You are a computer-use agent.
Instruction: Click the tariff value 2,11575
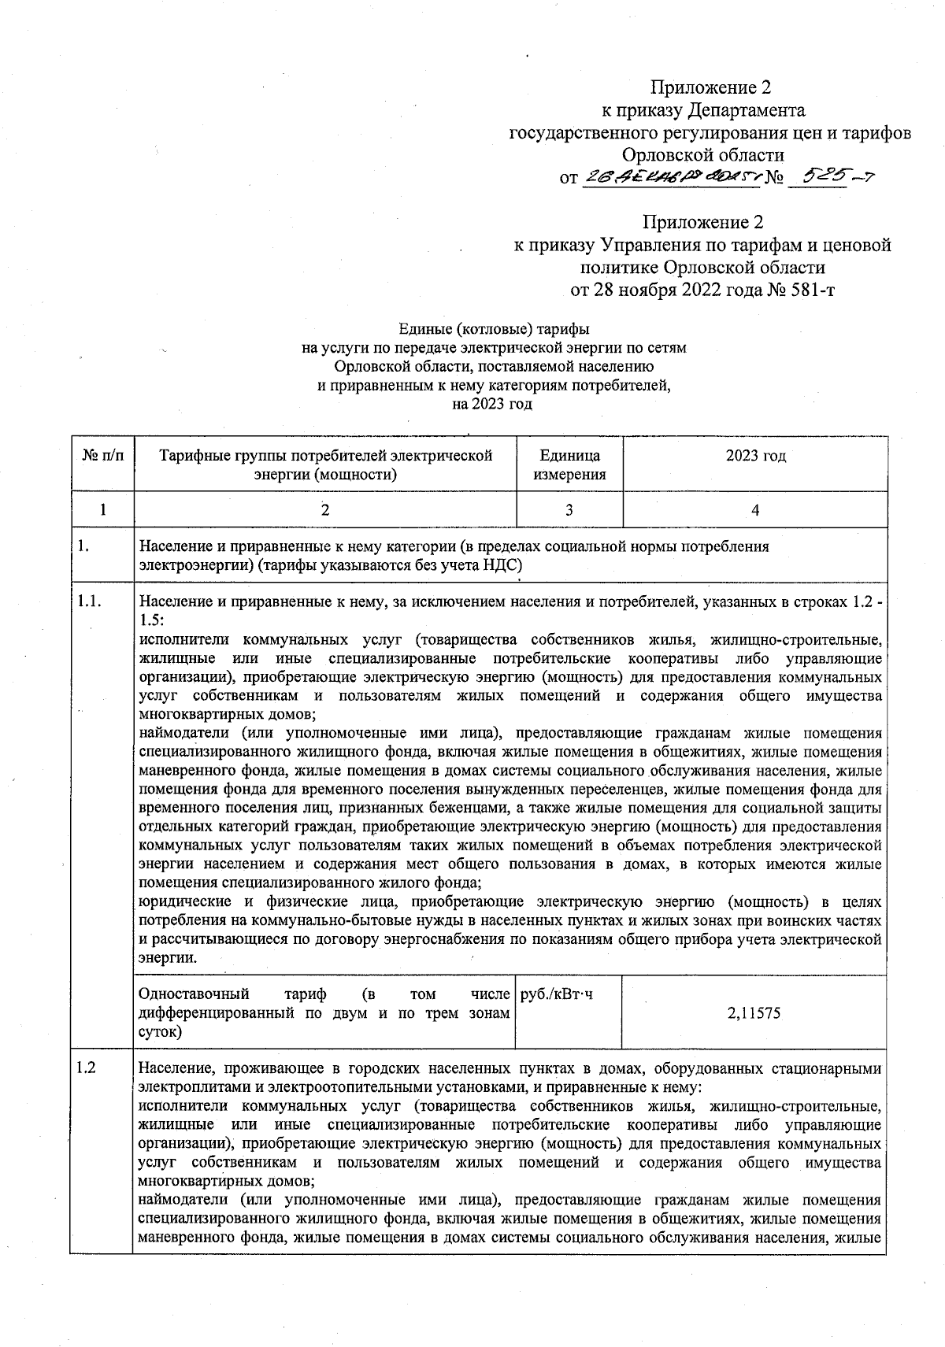pos(754,1013)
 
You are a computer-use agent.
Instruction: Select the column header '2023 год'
pos(754,456)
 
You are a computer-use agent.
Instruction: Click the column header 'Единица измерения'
pos(569,464)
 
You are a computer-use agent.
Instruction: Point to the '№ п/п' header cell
pos(102,456)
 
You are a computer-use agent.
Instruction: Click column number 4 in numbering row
pos(754,510)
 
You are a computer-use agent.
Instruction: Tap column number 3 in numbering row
pos(569,510)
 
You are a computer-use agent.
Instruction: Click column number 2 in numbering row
pos(324,510)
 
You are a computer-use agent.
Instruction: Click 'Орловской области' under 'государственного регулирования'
pos(702,155)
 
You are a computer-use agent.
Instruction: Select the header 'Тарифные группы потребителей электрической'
pos(324,456)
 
